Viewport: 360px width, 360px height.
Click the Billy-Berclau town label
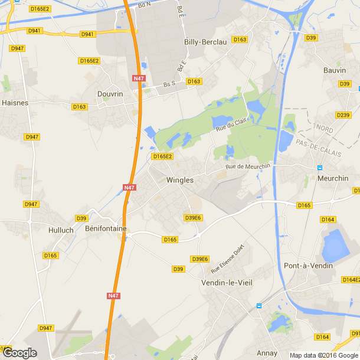[x=205, y=42]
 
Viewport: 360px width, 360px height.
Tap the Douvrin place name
[x=110, y=94]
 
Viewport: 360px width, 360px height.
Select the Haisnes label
[x=15, y=102]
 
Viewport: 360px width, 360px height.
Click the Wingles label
[x=180, y=180]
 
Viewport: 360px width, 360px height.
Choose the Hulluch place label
[x=61, y=230]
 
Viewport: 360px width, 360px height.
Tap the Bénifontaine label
[x=106, y=228]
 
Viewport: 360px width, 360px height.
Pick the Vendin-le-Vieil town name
[x=227, y=283]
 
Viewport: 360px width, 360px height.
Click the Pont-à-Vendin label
[x=308, y=266]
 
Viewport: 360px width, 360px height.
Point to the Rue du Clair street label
[x=231, y=125]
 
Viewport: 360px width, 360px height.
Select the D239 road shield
[x=343, y=114]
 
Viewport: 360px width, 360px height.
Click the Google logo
[x=19, y=353]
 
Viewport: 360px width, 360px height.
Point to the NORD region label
[x=324, y=128]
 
